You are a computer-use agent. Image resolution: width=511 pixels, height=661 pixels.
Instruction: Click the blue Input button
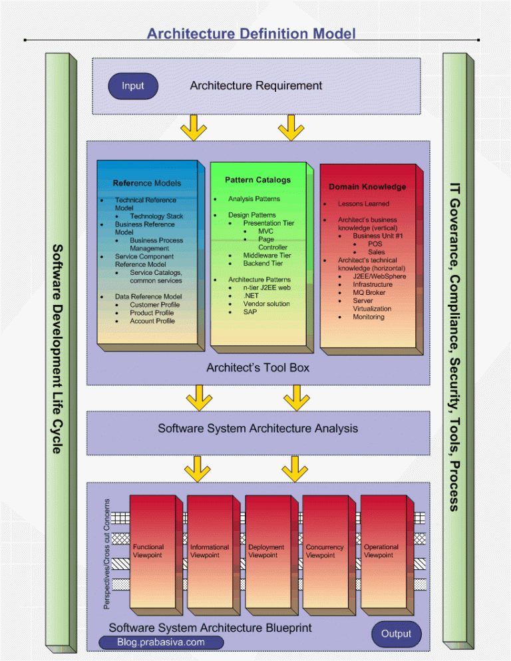click(133, 86)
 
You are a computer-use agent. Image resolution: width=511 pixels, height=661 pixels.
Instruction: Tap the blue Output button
click(396, 634)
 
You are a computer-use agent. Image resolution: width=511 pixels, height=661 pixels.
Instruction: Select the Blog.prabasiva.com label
click(161, 642)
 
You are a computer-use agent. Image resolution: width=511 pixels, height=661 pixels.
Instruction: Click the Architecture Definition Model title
click(252, 33)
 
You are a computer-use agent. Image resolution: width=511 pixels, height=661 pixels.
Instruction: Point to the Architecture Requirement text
click(255, 85)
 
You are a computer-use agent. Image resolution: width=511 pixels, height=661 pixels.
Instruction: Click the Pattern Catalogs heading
click(257, 180)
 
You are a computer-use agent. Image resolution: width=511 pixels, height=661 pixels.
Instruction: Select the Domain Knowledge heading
click(367, 187)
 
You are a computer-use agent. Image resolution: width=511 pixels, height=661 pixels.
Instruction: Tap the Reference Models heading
click(146, 183)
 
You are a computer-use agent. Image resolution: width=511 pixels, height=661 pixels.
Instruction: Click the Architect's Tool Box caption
click(257, 367)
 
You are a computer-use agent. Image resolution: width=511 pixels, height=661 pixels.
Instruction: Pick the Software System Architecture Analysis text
click(257, 429)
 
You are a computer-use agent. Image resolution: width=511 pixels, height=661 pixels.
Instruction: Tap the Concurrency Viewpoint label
click(325, 551)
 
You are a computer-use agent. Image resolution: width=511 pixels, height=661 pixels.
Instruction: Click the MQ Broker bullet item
click(369, 292)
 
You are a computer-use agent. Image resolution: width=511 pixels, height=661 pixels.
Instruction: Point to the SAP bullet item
click(250, 312)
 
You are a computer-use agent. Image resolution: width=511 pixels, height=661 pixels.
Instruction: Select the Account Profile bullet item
click(152, 321)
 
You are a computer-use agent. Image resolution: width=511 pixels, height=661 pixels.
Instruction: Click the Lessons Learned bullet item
click(363, 204)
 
